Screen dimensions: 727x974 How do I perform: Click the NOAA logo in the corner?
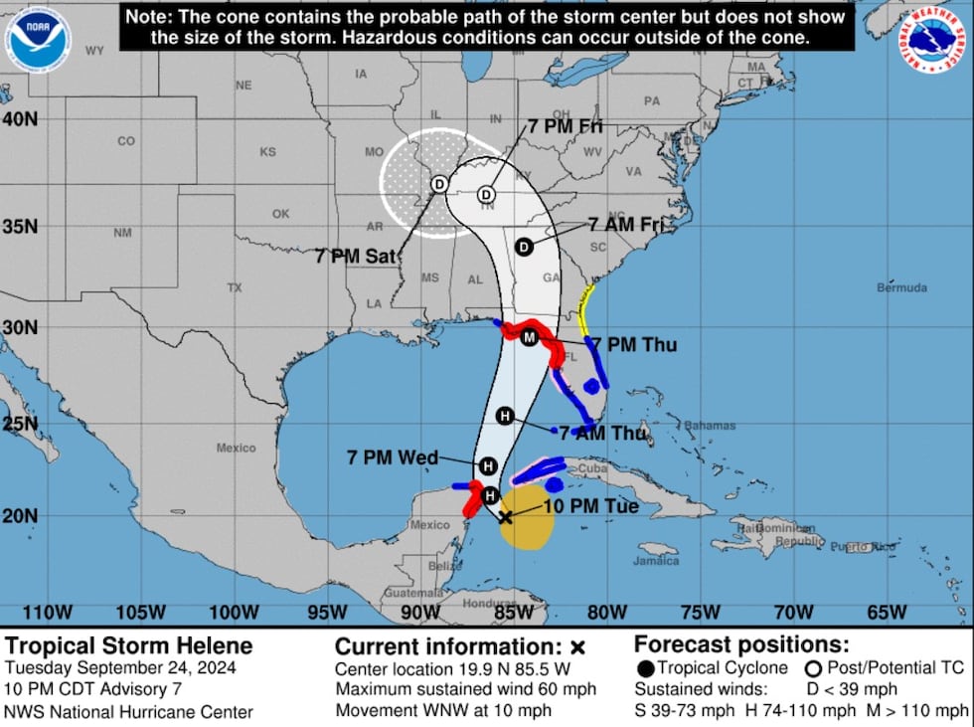tap(38, 39)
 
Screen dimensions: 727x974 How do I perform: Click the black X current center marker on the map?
tap(505, 517)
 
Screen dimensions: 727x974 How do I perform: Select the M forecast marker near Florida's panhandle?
tap(530, 338)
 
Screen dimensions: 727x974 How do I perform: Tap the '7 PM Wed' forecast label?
tap(393, 457)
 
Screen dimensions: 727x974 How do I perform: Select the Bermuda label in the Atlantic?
tap(900, 288)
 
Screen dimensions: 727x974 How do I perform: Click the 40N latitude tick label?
tap(20, 118)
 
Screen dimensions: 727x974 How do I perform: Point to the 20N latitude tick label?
tap(20, 515)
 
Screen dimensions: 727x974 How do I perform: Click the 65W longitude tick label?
tap(886, 612)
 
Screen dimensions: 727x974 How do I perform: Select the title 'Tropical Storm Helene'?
tap(128, 646)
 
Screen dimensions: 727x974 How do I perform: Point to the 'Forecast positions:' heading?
tap(741, 643)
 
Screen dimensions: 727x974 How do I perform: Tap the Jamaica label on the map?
tap(658, 561)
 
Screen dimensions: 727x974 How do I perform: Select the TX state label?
tap(235, 287)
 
